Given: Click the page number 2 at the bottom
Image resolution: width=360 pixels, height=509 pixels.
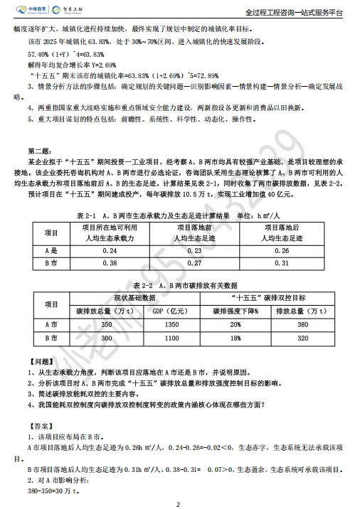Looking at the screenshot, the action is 179,502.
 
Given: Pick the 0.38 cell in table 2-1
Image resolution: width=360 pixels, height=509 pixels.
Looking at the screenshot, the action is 110,264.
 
